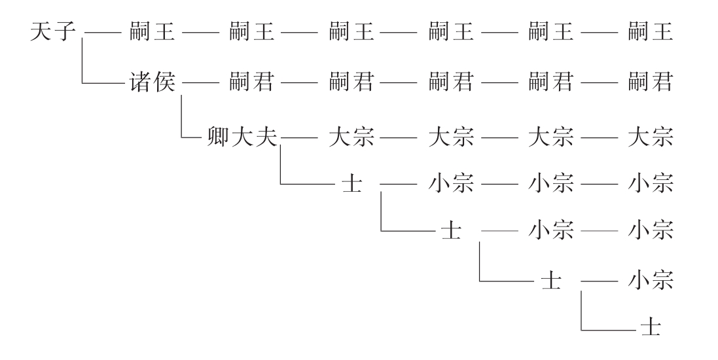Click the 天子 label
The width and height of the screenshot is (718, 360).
[x=52, y=33]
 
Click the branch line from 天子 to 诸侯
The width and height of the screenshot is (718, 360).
[x=84, y=65]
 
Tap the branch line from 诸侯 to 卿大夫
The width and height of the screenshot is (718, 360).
[x=181, y=118]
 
